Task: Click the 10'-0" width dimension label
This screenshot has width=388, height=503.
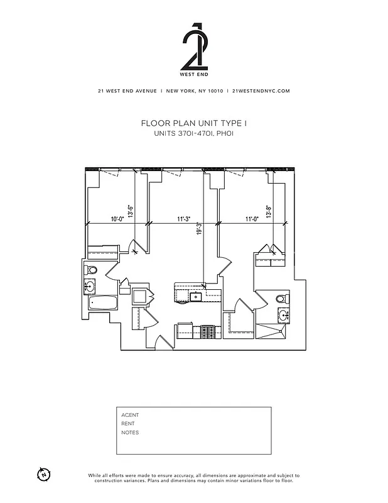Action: [x=116, y=219]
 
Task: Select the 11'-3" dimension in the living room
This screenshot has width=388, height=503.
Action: [x=183, y=219]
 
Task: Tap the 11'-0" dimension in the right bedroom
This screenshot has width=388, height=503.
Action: [x=252, y=219]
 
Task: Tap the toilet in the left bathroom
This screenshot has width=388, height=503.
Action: [x=92, y=270]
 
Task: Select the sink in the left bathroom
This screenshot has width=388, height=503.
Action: [x=90, y=287]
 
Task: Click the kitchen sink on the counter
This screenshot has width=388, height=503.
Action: [x=196, y=296]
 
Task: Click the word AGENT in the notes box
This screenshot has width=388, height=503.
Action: [x=130, y=415]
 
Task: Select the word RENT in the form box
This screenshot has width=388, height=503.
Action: [x=128, y=424]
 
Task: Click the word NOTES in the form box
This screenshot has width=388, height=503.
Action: [x=130, y=433]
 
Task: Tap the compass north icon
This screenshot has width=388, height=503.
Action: [x=43, y=474]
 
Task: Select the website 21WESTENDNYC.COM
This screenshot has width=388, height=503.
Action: [x=261, y=91]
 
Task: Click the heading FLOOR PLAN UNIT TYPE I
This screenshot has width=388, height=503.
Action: [x=193, y=124]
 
